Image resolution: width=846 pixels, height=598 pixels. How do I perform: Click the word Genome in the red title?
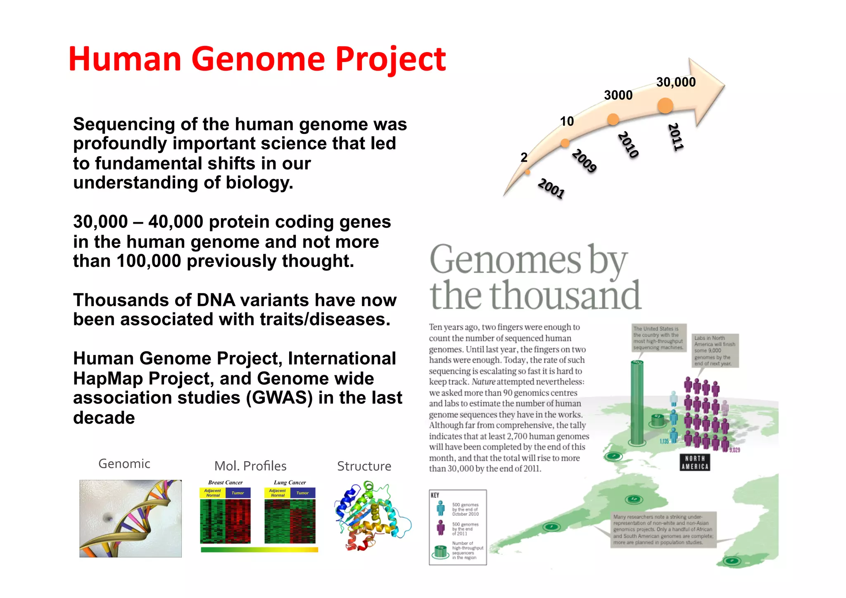point(258,59)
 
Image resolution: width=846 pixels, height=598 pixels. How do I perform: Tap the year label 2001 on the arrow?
point(551,188)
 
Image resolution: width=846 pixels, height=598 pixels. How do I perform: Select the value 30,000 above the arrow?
point(676,82)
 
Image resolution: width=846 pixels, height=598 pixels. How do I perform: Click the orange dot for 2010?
point(613,119)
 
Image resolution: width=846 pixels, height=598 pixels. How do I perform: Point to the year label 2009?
point(584,160)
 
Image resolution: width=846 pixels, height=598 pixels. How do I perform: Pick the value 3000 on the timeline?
point(618,95)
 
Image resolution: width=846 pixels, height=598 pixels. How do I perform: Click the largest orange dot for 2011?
point(665,106)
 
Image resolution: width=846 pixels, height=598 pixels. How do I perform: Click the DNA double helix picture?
point(131,518)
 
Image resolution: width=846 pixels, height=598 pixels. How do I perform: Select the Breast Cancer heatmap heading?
point(225,482)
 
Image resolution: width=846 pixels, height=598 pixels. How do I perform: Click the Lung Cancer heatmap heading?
point(290,482)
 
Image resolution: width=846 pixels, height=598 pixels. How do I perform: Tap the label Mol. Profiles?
point(250,466)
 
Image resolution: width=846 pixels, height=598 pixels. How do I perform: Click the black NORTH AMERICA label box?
point(695,462)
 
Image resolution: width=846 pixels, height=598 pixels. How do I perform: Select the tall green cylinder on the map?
point(637,403)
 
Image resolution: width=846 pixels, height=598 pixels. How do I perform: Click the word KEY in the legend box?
point(435,495)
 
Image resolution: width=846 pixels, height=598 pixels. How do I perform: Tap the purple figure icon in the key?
point(441,528)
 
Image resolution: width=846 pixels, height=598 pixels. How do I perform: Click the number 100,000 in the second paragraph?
point(149,261)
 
